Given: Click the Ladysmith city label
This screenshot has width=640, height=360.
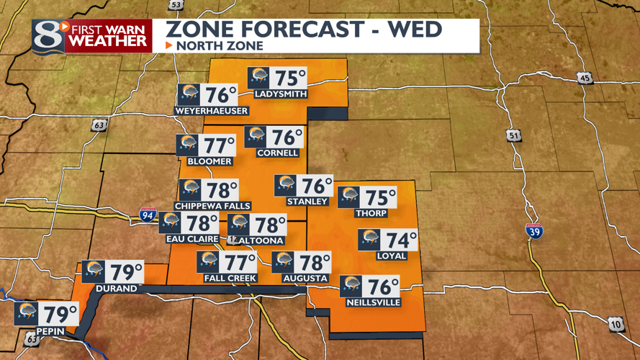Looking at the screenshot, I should [x=281, y=94].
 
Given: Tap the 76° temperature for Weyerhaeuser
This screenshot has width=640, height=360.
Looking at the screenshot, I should [x=221, y=95].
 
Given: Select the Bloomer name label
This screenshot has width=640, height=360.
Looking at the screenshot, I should [x=209, y=161].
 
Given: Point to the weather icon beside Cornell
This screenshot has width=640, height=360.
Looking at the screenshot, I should [x=256, y=136].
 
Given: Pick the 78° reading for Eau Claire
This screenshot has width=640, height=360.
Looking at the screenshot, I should [x=202, y=223].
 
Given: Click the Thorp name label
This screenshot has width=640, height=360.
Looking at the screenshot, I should [x=371, y=213].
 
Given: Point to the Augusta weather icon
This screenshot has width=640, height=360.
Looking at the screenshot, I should [x=284, y=261].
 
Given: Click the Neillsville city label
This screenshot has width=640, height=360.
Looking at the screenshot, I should [x=373, y=302].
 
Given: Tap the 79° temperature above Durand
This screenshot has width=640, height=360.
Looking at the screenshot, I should [x=126, y=273].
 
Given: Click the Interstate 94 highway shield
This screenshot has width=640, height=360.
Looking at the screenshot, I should [x=148, y=214].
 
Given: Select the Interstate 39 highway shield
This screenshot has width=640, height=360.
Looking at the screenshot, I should [x=534, y=230].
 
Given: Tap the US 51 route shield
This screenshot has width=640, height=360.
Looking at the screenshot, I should [x=513, y=135].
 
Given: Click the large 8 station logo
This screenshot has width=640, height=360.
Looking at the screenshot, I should [x=48, y=36].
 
